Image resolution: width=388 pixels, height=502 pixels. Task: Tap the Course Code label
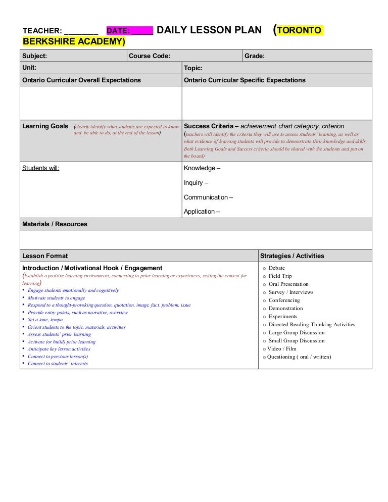point(150,56)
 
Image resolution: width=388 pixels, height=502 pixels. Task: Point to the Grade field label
point(255,56)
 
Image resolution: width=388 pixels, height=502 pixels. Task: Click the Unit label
point(29,68)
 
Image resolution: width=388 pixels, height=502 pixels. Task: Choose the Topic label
point(193,68)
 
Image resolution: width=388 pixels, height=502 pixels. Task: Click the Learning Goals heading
point(45,126)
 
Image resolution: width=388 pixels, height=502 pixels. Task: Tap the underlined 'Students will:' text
point(41,168)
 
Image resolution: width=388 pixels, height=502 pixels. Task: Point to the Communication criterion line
point(208,197)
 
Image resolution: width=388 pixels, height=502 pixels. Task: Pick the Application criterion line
point(202,212)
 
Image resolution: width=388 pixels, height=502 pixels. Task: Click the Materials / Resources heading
point(55,224)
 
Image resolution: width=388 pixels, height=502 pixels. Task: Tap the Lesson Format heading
point(45,256)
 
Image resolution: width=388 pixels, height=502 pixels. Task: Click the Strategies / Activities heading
point(292,256)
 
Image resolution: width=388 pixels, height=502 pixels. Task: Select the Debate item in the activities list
point(276,268)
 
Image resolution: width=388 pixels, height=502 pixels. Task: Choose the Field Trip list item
point(280,276)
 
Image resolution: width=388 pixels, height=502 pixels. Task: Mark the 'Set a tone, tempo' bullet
point(45,320)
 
